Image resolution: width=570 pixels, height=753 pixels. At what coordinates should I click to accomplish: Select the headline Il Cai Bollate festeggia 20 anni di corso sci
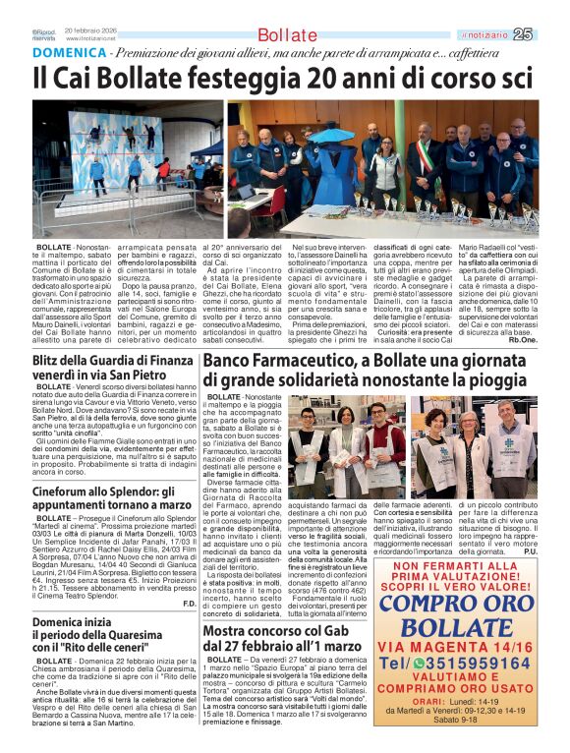coord(285,76)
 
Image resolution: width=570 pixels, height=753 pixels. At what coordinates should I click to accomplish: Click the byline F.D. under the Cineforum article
coord(189,601)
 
